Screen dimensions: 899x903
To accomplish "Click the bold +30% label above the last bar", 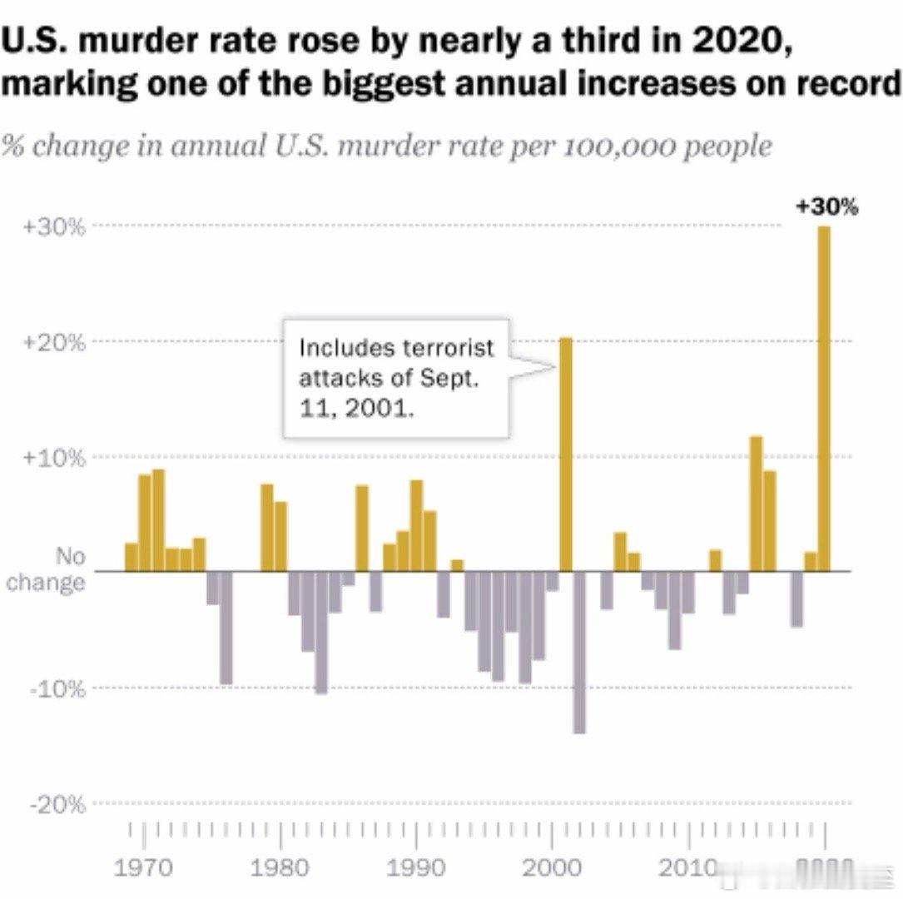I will [x=826, y=207].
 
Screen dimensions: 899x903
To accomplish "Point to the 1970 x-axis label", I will [x=144, y=868].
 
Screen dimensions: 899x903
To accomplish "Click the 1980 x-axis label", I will [x=280, y=868].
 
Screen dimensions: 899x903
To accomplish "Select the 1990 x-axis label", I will [x=416, y=868].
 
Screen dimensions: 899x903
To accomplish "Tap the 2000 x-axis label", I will [x=552, y=868].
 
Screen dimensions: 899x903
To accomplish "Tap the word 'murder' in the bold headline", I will [x=118, y=42].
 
